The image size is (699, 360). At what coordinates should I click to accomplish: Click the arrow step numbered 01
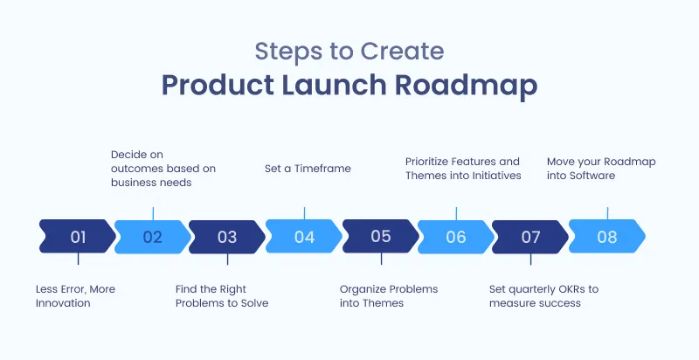tap(78, 236)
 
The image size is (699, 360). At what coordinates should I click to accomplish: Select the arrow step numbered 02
tap(153, 236)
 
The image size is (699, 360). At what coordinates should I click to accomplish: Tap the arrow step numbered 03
tap(227, 236)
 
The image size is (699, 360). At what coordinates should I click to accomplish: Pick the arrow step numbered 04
tap(304, 236)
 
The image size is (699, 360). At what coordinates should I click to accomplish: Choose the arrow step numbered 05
tap(380, 236)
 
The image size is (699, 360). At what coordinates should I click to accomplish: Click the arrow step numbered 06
tap(455, 236)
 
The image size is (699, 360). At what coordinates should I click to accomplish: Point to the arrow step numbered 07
tap(530, 236)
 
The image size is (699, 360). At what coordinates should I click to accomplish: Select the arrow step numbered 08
tap(606, 236)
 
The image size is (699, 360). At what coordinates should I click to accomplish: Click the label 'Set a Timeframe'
tap(308, 169)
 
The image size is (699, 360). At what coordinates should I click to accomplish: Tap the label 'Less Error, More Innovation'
tap(75, 296)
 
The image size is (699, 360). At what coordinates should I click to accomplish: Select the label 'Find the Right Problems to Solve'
tap(222, 296)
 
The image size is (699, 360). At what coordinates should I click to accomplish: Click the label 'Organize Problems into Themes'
tap(388, 296)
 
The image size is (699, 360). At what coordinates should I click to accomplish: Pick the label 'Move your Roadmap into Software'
tap(600, 169)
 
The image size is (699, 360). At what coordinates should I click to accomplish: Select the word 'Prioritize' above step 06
tap(431, 162)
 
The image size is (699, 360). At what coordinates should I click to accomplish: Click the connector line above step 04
tap(304, 212)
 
